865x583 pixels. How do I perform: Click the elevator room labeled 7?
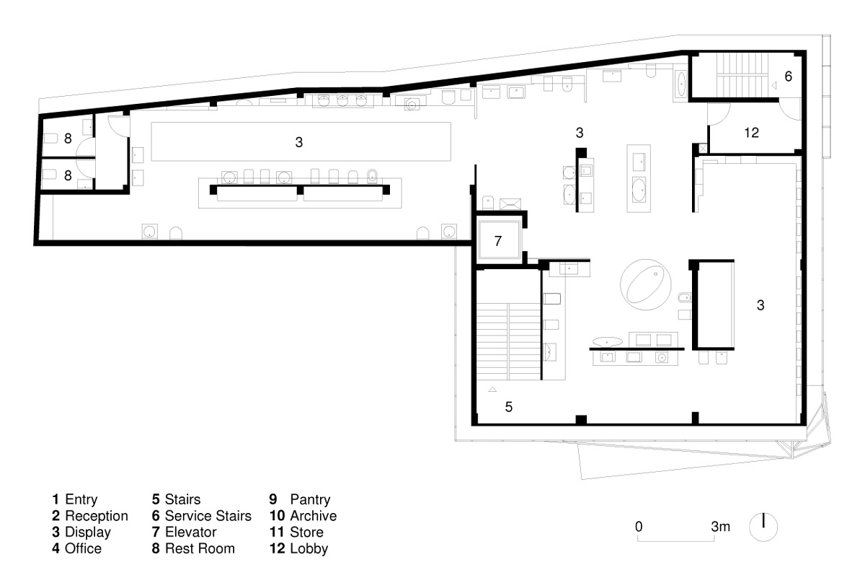[x=499, y=240]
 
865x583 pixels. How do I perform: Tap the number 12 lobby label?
[x=751, y=133]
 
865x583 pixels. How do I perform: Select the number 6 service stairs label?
[x=788, y=76]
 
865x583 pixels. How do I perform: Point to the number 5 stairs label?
[x=509, y=407]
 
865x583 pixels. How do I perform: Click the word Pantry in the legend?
[x=310, y=499]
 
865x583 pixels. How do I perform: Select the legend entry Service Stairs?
[x=208, y=516]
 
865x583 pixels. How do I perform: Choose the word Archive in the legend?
[x=313, y=516]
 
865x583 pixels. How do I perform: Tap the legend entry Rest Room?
[x=200, y=548]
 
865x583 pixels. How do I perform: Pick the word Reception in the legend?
[x=97, y=516]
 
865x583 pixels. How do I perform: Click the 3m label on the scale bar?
[x=721, y=527]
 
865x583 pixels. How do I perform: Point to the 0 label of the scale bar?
[x=639, y=527]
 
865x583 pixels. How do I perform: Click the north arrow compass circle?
[x=763, y=527]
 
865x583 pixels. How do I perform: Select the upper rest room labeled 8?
[x=68, y=137]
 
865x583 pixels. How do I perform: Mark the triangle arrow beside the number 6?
[x=774, y=85]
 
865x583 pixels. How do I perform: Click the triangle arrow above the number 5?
[x=492, y=390]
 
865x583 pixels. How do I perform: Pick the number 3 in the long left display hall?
[x=299, y=142]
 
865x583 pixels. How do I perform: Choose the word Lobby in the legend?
[x=309, y=548]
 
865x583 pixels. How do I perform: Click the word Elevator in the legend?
[x=191, y=532]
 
